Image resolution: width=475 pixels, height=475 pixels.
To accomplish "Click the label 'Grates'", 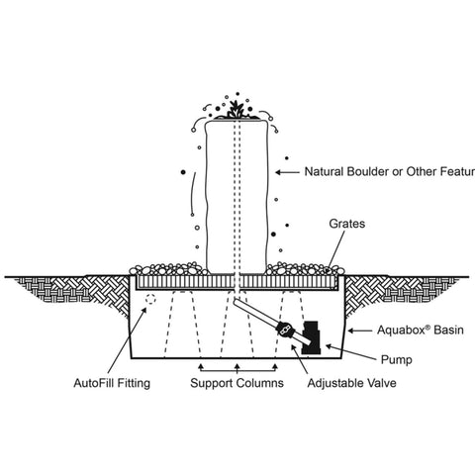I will (345, 226).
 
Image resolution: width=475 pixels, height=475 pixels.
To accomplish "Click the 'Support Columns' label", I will (234, 381).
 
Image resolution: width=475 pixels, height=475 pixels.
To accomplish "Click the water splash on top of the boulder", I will (235, 109).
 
